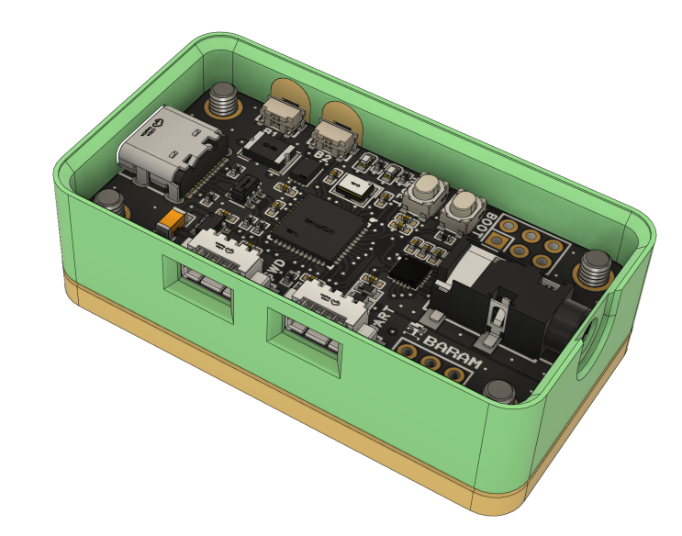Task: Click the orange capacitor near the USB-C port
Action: click(170, 222)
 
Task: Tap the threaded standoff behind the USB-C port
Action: click(222, 100)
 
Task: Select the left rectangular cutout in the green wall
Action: click(199, 288)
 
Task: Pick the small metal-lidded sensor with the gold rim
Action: click(353, 185)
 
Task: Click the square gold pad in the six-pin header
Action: click(497, 242)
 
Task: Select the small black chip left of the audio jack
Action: click(407, 271)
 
